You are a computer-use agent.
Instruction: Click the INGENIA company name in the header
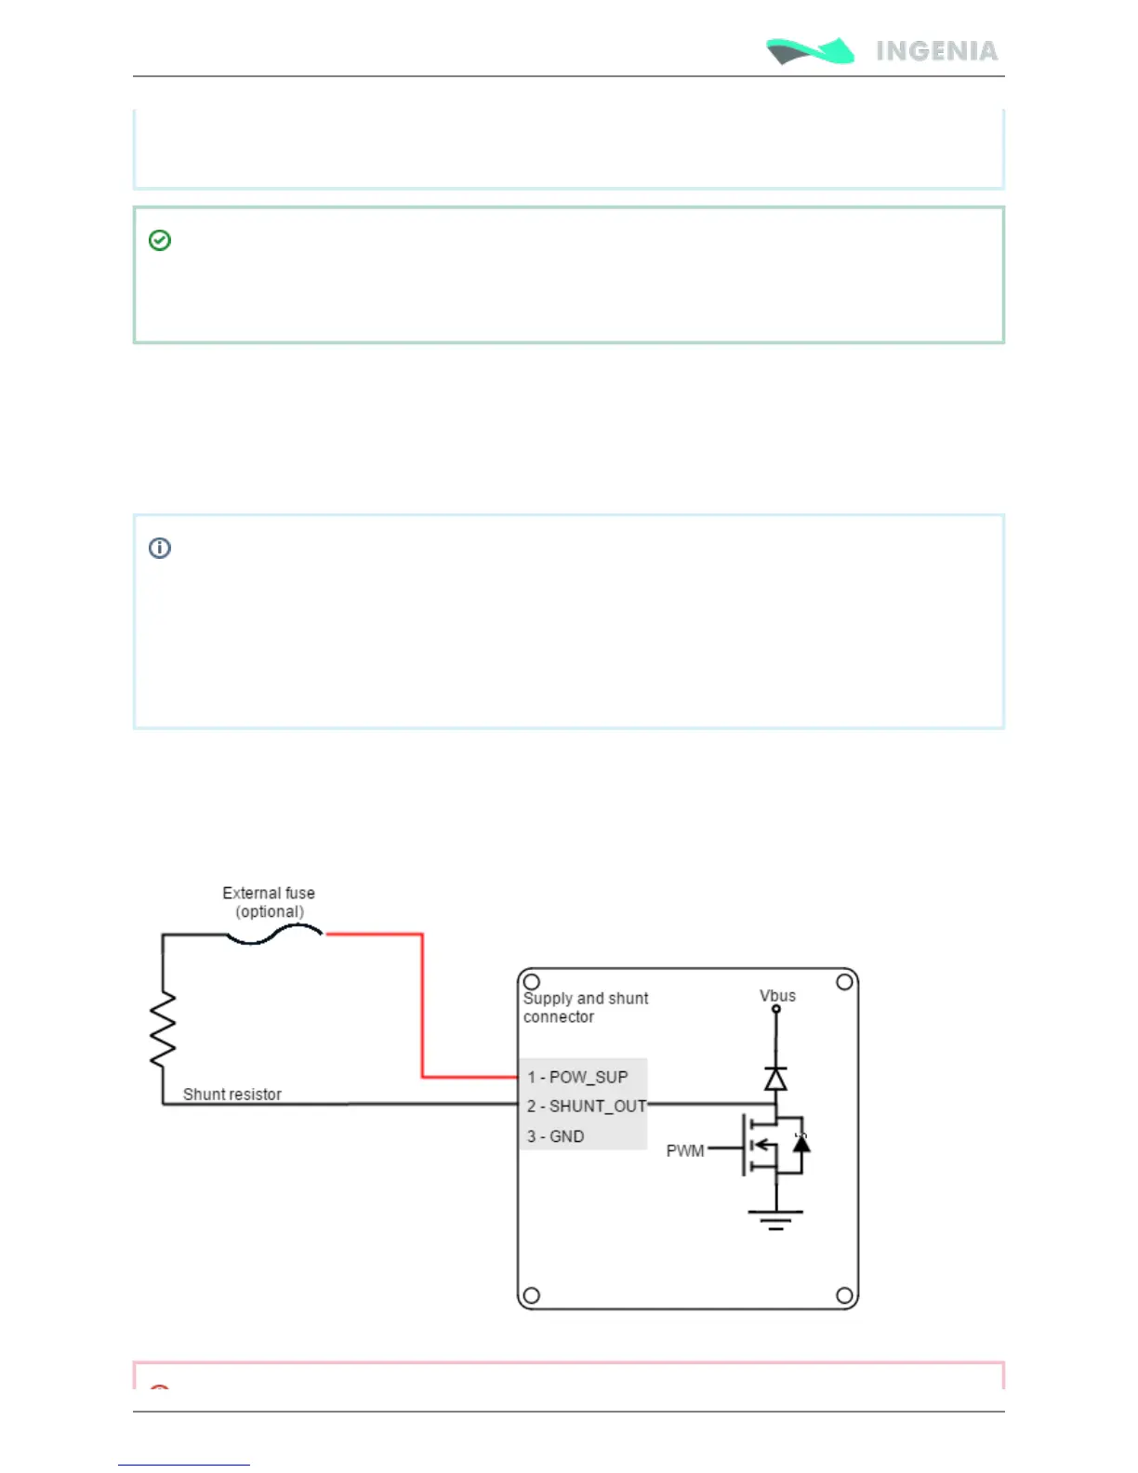click(936, 51)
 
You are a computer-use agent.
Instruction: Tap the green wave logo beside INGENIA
click(810, 51)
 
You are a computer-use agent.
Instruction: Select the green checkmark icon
click(160, 241)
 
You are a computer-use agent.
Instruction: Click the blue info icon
click(160, 548)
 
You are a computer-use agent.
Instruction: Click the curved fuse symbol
click(274, 935)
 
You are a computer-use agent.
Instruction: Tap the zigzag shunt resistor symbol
click(164, 1028)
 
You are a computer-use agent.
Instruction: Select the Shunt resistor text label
click(232, 1095)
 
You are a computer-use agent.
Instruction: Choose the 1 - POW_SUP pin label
click(577, 1077)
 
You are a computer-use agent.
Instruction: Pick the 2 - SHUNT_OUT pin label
click(586, 1107)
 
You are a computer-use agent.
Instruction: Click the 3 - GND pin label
click(555, 1136)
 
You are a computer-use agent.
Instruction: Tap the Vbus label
click(777, 996)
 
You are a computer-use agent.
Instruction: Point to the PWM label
click(685, 1151)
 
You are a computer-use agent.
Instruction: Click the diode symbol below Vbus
click(775, 1078)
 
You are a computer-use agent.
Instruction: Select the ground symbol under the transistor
click(775, 1218)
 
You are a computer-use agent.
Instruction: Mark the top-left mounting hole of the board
click(532, 982)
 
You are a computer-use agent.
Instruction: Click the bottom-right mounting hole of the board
click(844, 1295)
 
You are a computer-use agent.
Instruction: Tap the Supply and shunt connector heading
click(585, 1007)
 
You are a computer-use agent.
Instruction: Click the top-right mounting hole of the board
click(844, 982)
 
